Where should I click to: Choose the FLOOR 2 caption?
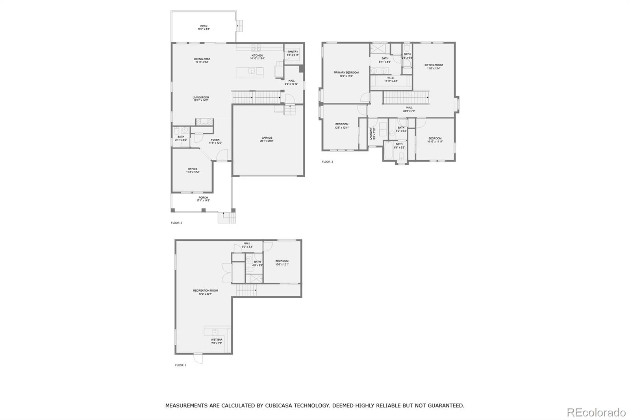click(176, 223)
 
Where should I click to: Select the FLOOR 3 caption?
click(327, 162)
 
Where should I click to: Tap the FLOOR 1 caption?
click(180, 365)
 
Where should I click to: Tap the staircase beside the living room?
click(256, 97)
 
